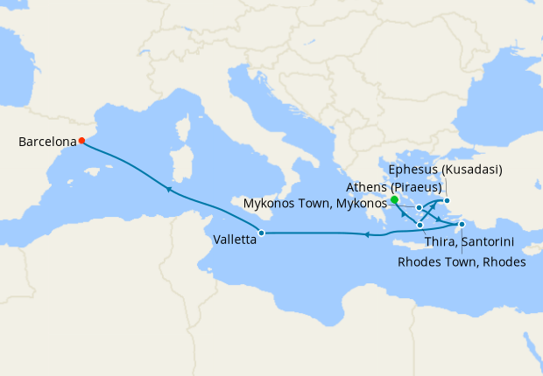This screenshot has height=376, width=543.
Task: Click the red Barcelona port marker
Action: pyautogui.click(x=81, y=140)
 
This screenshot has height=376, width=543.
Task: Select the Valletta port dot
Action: pyautogui.click(x=261, y=233)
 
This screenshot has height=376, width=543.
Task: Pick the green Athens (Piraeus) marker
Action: pyautogui.click(x=395, y=199)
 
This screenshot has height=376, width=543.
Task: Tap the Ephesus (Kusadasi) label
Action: pyautogui.click(x=446, y=169)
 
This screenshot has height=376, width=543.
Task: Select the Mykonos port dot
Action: pyautogui.click(x=420, y=207)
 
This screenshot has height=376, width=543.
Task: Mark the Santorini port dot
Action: pyautogui.click(x=420, y=225)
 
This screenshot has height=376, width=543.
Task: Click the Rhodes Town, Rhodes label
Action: pyautogui.click(x=462, y=261)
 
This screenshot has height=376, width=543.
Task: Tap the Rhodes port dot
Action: pyautogui.click(x=462, y=225)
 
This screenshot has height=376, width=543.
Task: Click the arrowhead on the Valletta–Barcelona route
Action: pyautogui.click(x=167, y=189)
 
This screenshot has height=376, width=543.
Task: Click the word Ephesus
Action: pyautogui.click(x=412, y=169)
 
